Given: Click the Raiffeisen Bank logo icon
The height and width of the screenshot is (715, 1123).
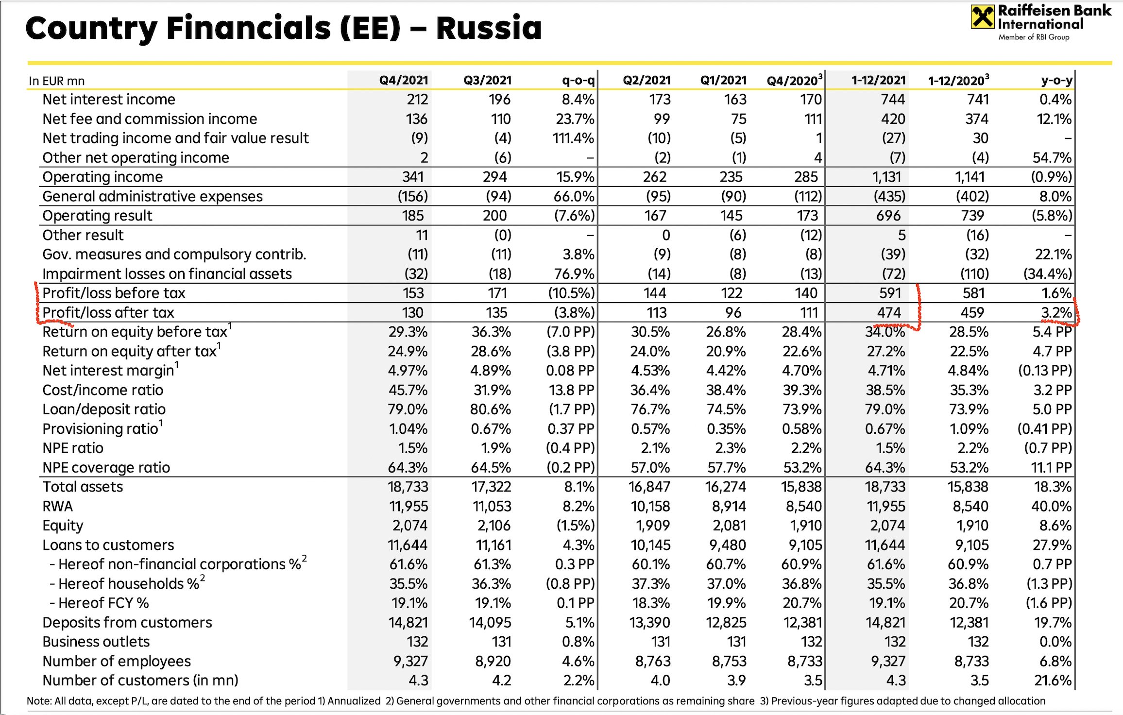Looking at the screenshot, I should [x=982, y=17].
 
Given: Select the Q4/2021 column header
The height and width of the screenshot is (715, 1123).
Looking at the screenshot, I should [x=403, y=80].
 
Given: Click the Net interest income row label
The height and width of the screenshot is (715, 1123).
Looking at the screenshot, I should [x=109, y=100].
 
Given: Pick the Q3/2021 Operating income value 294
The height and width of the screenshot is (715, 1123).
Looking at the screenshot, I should [x=494, y=177].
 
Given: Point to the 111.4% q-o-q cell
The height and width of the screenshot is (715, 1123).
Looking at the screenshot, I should [x=573, y=138].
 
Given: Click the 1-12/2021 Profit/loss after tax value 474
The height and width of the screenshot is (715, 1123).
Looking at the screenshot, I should [x=889, y=312].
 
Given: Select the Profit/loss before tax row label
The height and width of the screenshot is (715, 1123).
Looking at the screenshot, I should [x=114, y=293].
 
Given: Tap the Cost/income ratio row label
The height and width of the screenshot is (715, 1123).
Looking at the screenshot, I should [x=102, y=390].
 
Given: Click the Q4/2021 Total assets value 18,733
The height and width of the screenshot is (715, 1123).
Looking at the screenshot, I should [x=408, y=487].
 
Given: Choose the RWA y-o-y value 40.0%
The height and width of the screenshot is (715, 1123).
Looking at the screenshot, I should [x=1051, y=506].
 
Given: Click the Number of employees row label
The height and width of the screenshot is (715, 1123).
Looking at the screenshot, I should [x=117, y=661].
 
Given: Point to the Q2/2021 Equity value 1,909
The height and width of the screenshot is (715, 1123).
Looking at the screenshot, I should [x=650, y=526].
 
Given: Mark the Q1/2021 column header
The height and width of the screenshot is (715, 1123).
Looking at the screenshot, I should [x=723, y=80].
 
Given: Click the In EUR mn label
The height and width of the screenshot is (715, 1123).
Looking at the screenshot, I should [x=56, y=81].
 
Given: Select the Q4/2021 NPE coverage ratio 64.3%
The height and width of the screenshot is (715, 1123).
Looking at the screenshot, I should [x=408, y=467].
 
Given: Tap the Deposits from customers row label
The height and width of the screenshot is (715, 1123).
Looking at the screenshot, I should [x=127, y=622].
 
